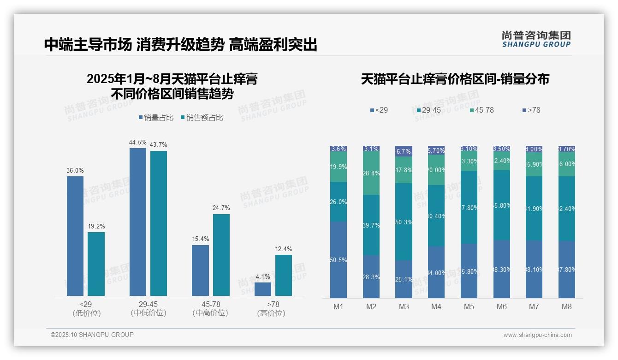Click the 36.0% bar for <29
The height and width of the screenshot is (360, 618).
tap(75, 236)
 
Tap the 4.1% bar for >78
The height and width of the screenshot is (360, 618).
tap(263, 289)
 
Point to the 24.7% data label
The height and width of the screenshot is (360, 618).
tap(221, 208)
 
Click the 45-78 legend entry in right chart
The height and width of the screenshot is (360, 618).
tap(481, 110)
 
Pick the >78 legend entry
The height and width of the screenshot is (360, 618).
tap(531, 110)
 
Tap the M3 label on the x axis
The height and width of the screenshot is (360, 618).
tap(404, 307)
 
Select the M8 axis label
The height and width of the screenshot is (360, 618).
tap(567, 307)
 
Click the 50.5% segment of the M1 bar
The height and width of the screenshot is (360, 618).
tap(339, 260)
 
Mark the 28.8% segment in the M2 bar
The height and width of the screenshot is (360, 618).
tap(371, 174)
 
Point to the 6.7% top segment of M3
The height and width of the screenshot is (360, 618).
tap(404, 151)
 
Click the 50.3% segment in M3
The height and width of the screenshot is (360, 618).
tap(404, 222)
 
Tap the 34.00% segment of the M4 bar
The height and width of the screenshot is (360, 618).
tap(436, 272)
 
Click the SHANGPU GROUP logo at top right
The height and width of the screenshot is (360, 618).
tap(536, 39)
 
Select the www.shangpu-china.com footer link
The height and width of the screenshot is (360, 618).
tap(537, 335)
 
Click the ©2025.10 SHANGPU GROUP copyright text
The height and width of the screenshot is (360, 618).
tap(92, 335)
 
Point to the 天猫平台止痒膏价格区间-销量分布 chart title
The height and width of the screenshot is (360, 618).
tap(455, 79)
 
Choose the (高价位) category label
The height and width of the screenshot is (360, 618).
tap(271, 313)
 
